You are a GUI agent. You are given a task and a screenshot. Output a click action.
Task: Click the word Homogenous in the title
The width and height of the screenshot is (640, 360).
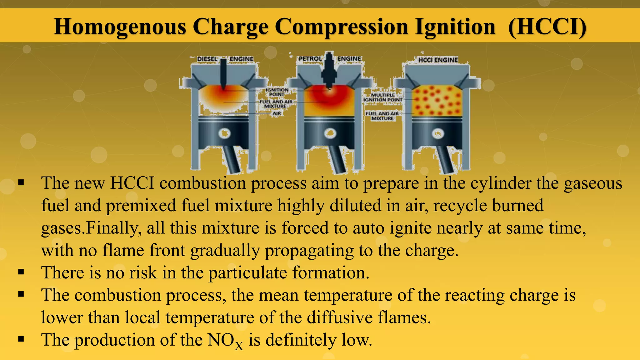(120, 27)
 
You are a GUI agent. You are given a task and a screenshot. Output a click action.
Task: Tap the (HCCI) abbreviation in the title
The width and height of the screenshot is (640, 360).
(547, 27)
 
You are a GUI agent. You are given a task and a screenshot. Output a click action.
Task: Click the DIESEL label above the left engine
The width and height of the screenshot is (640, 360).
(207, 59)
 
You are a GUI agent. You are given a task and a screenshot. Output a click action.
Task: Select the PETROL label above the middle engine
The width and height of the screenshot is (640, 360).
(310, 59)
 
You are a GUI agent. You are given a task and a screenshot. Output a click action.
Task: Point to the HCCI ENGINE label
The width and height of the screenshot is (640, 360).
(438, 60)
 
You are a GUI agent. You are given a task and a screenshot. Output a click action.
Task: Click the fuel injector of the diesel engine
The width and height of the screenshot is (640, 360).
(224, 73)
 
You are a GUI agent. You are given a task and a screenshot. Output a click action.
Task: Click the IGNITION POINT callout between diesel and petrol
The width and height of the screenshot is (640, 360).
(277, 92)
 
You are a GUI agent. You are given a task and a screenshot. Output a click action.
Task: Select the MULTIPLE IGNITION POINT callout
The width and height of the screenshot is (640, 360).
(383, 97)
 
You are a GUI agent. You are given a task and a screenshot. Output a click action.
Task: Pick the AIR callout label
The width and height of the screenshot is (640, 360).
(277, 113)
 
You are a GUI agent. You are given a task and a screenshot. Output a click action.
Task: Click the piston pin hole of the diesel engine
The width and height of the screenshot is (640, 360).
(224, 133)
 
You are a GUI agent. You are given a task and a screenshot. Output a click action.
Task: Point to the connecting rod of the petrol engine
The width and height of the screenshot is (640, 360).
(337, 159)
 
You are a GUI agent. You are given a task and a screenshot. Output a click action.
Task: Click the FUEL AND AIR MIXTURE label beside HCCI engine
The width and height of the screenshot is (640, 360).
(382, 116)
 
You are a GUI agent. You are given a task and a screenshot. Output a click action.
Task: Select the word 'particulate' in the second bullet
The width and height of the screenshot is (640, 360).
(247, 273)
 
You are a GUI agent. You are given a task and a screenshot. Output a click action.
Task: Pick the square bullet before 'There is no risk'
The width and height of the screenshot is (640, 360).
(21, 272)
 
